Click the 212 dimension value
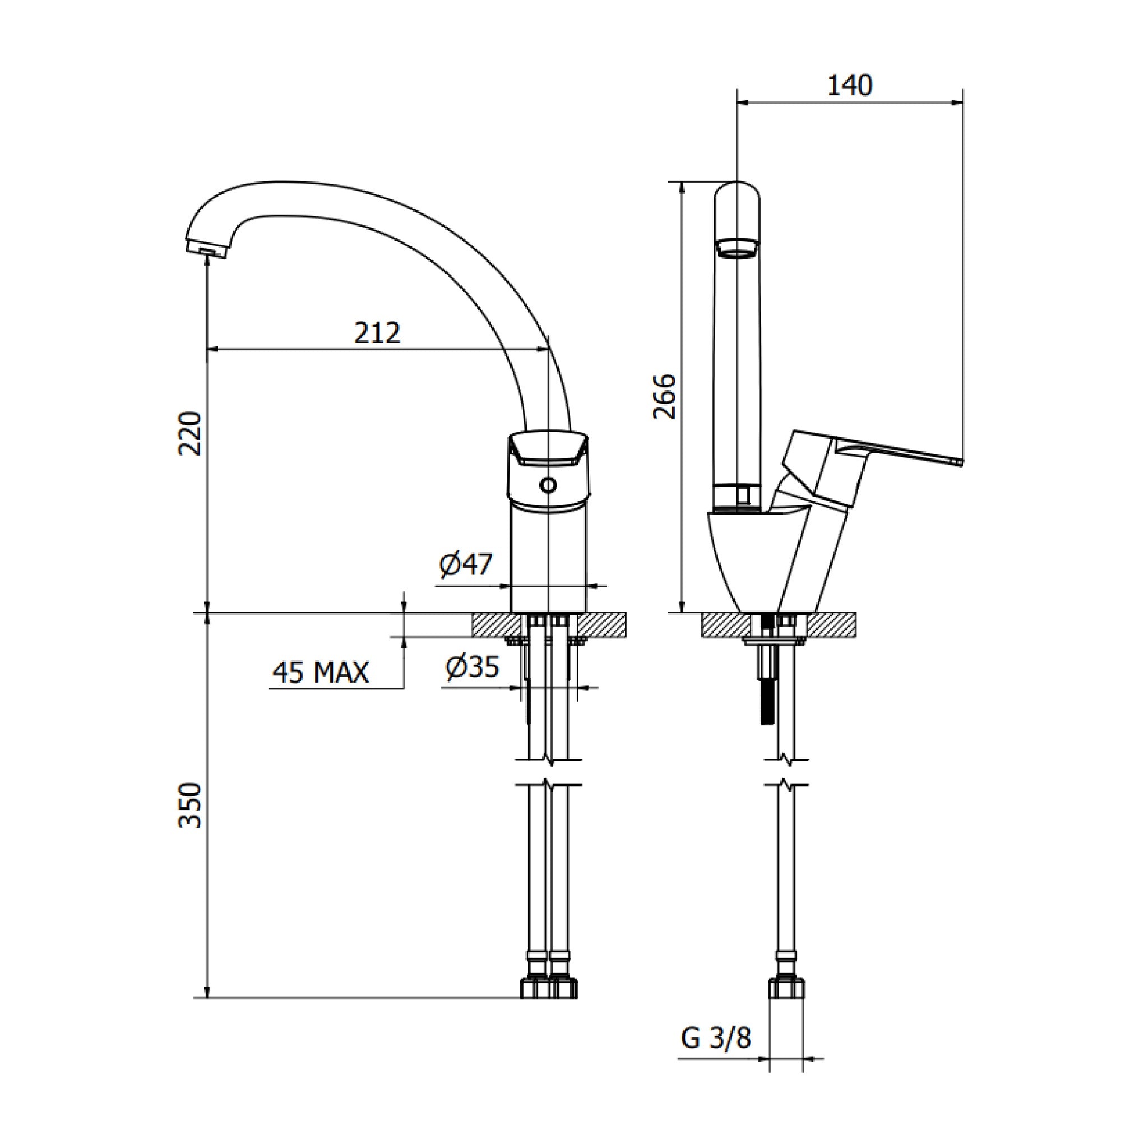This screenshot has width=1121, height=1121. (x=378, y=333)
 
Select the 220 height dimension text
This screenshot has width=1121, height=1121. (x=190, y=433)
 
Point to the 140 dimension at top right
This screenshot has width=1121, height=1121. (x=849, y=86)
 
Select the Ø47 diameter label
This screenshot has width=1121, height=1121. (x=466, y=564)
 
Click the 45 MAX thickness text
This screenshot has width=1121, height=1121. (x=320, y=673)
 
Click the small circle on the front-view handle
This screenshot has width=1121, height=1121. (x=548, y=484)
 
